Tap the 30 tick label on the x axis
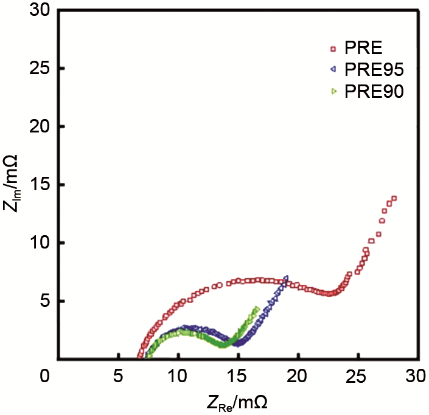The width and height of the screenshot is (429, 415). [413, 376]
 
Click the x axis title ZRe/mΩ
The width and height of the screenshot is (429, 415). [234, 402]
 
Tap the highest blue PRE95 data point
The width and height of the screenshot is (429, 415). [286, 279]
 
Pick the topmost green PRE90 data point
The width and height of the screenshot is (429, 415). [257, 309]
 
